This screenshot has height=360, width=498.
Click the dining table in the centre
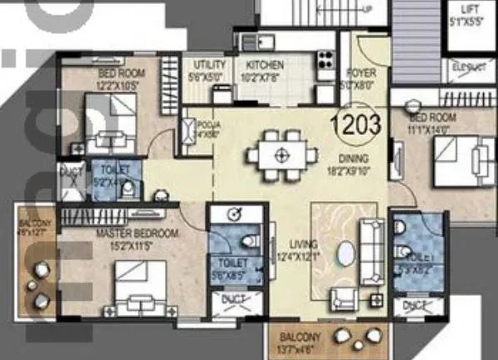tap(282, 154)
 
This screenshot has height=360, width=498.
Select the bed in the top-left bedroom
tap(111, 122)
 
